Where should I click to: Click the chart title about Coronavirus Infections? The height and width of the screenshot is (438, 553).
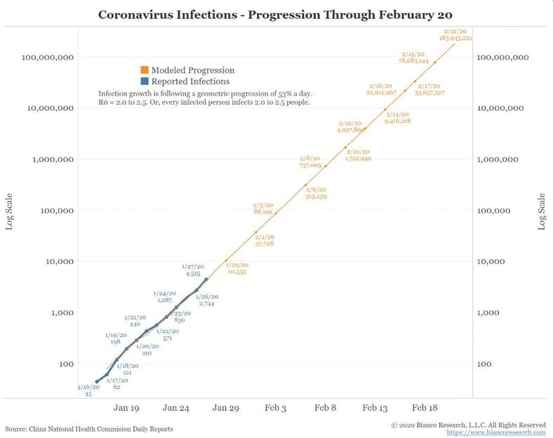pyautogui.click(x=276, y=14)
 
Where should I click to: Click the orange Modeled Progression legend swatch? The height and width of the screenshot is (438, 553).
pyautogui.click(x=145, y=70)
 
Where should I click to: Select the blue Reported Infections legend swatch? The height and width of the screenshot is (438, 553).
pyautogui.click(x=145, y=81)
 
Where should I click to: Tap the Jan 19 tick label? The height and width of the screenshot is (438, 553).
pyautogui.click(x=125, y=408)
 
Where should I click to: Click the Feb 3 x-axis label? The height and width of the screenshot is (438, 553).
pyautogui.click(x=276, y=408)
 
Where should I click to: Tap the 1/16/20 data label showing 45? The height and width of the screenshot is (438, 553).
pyautogui.click(x=87, y=390)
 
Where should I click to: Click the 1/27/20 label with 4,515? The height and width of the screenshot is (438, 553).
pyautogui.click(x=192, y=270)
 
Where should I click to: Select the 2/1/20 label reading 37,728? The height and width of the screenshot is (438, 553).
pyautogui.click(x=265, y=240)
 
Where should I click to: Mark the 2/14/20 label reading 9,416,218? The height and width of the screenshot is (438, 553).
pyautogui.click(x=397, y=117)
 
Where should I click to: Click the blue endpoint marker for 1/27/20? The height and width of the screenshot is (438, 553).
pyautogui.click(x=206, y=279)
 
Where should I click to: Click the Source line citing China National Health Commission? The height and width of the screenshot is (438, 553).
pyautogui.click(x=88, y=428)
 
